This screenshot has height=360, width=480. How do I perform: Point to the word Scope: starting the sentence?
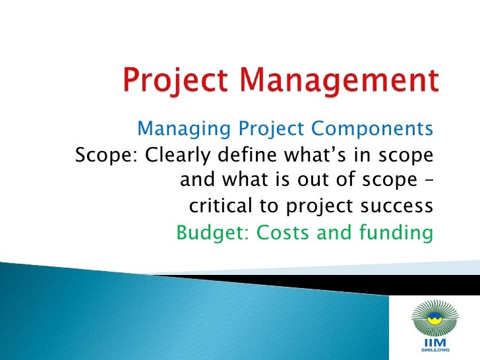[107, 156]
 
